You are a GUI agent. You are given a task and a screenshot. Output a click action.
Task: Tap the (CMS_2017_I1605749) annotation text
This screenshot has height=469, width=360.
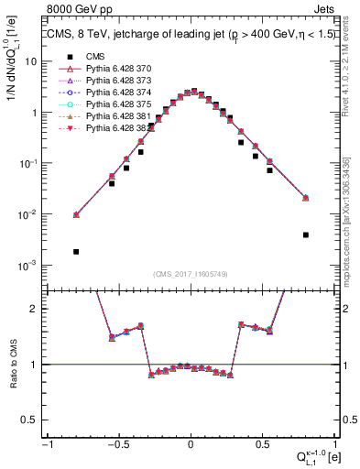pos(191,273)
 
